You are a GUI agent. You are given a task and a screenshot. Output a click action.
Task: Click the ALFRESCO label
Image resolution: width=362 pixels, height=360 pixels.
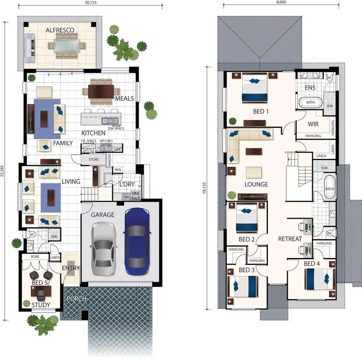coord(60,30)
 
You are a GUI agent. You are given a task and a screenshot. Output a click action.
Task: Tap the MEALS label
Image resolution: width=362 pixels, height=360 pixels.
coord(124,98)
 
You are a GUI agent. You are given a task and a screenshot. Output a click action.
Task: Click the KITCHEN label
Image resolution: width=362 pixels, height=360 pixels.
coord(93,133)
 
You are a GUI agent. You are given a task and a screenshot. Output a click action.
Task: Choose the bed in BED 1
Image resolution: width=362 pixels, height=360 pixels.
coord(252,88)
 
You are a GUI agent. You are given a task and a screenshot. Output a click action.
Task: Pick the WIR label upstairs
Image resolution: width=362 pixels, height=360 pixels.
coord(313,125)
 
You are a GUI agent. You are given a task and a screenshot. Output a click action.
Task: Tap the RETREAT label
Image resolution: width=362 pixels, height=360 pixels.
coord(290,239)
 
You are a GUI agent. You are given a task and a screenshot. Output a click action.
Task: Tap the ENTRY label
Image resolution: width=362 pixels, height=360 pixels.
coord(70,268)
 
